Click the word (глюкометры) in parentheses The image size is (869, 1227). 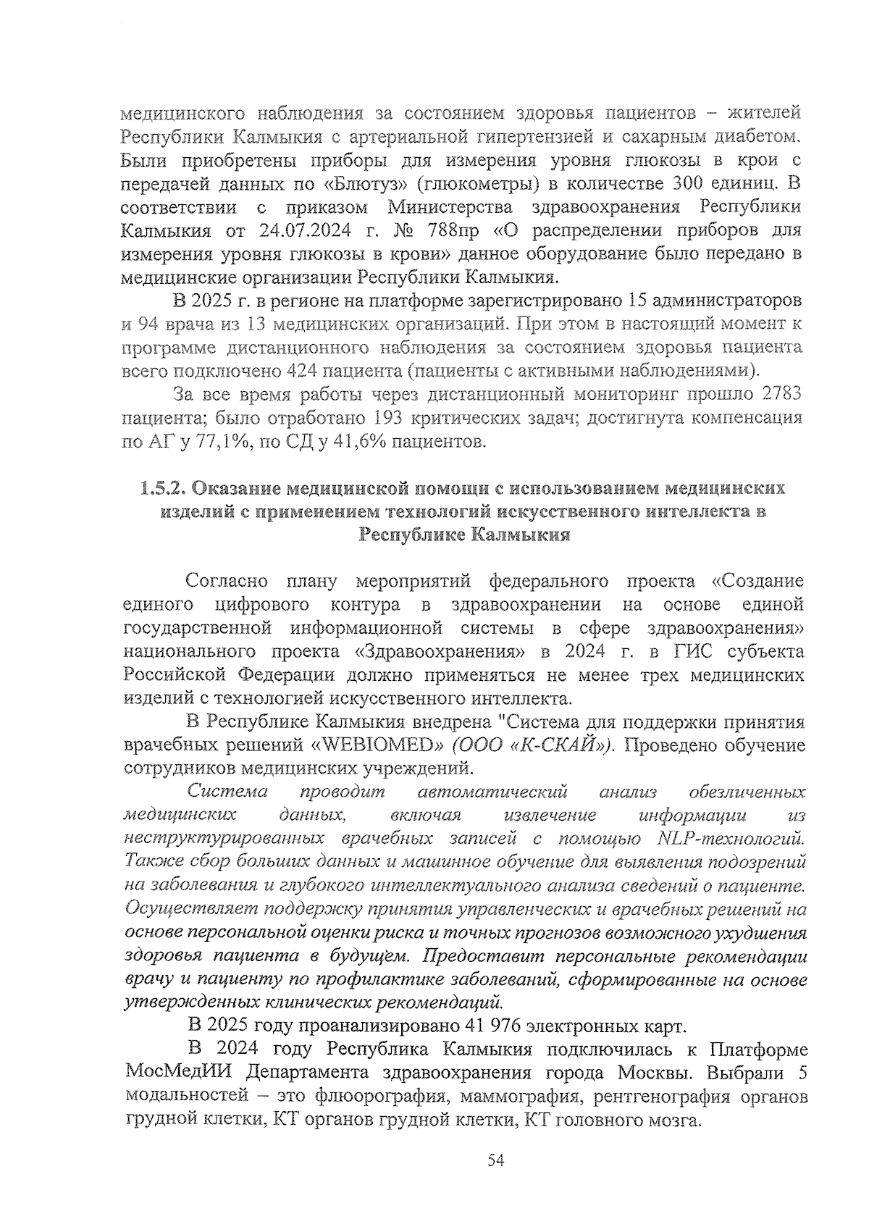tap(466, 184)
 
